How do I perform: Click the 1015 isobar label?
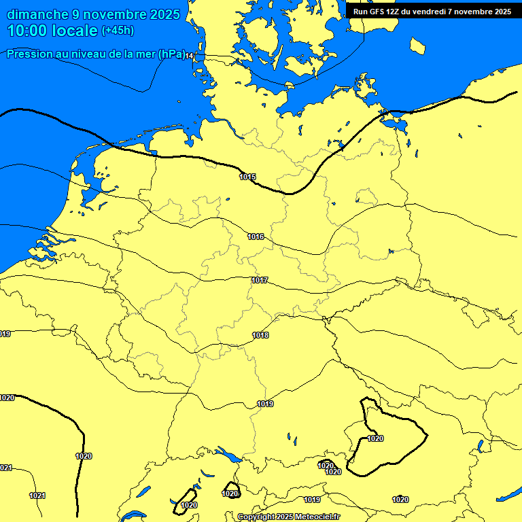pyautogui.click(x=247, y=177)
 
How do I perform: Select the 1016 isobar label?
pyautogui.click(x=256, y=237)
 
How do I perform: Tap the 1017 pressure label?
pyautogui.click(x=259, y=280)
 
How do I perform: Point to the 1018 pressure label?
pyautogui.click(x=260, y=335)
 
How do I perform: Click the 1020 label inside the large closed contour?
pyautogui.click(x=375, y=438)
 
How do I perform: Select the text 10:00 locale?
pyautogui.click(x=54, y=31)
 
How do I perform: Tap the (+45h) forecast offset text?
pyautogui.click(x=118, y=31)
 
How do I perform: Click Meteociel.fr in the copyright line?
pyautogui.click(x=317, y=517)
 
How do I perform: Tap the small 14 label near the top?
pyautogui.click(x=190, y=56)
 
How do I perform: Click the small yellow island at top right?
pyautogui.click(x=418, y=46)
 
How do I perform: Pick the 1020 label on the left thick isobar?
pyautogui.click(x=84, y=456)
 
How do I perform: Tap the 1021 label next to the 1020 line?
pyautogui.click(x=37, y=495)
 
